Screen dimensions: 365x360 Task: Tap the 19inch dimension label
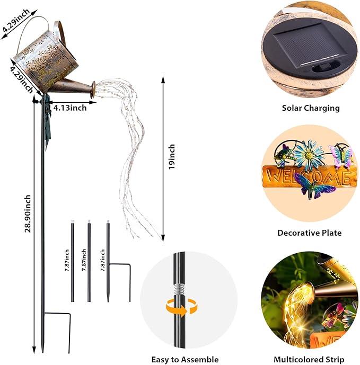coord(171,157)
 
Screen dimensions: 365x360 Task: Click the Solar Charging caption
coord(310,108)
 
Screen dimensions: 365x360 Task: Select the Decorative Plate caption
coord(310,233)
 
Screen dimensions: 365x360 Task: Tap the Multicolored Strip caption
coord(310,360)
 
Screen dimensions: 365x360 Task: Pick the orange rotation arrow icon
coord(178,307)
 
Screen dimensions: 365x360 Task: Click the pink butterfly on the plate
coord(340,156)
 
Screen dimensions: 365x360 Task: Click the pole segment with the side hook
coord(108,260)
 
